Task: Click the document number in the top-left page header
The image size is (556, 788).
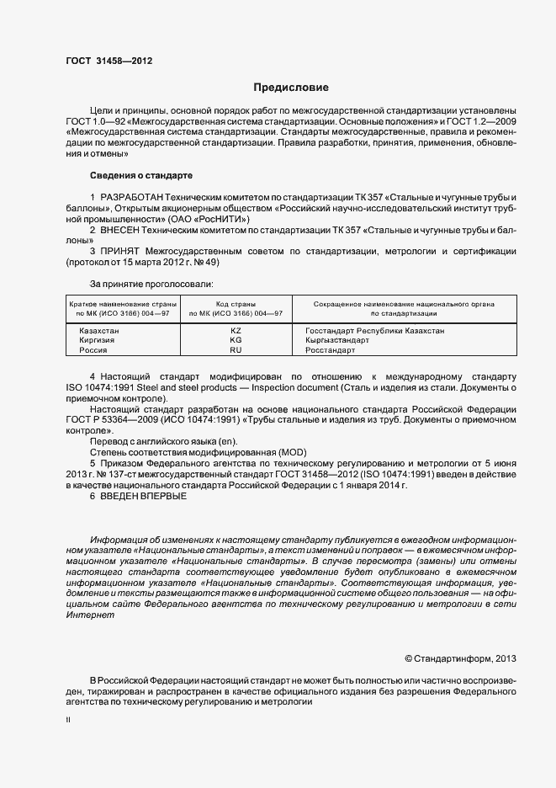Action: [x=109, y=61]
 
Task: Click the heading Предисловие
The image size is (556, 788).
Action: [x=291, y=88]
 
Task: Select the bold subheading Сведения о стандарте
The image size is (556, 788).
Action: [x=141, y=175]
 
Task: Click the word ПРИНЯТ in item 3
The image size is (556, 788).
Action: [x=122, y=251]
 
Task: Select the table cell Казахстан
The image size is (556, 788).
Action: [x=99, y=331]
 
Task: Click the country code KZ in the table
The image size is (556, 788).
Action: [x=236, y=331]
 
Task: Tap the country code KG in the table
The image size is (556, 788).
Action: [x=236, y=340]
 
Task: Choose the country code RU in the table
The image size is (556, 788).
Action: [x=236, y=349]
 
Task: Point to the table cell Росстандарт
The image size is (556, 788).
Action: [x=331, y=349]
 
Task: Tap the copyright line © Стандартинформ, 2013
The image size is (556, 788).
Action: [x=460, y=658]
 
